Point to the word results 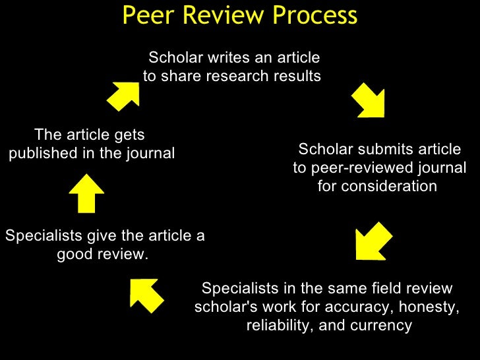[294, 76]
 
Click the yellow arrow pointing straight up [86, 193]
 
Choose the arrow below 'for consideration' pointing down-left [374, 242]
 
